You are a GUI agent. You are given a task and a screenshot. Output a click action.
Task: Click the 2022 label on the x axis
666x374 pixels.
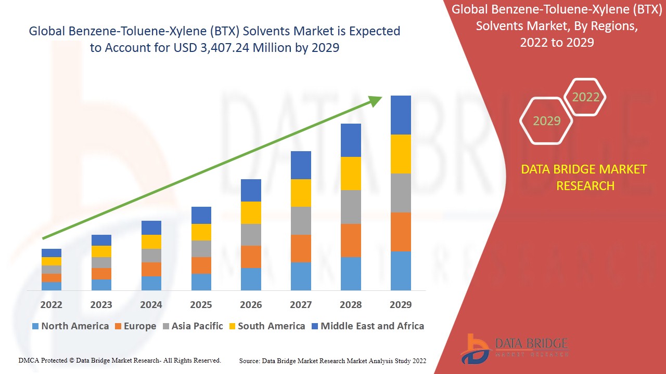click(51, 304)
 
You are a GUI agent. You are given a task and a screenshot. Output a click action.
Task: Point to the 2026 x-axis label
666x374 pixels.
click(251, 304)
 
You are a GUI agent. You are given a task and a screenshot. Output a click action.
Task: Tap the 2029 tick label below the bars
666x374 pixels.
click(401, 304)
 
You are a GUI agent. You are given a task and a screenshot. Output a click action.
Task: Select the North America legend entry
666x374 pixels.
click(70, 326)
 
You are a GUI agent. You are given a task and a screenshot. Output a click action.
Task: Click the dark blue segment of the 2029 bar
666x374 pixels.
click(401, 115)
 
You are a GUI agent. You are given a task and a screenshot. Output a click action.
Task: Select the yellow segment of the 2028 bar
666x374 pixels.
click(351, 173)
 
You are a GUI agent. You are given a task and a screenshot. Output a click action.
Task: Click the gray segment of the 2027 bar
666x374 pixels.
click(301, 221)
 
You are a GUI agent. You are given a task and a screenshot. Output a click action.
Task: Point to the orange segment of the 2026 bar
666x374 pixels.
click(251, 257)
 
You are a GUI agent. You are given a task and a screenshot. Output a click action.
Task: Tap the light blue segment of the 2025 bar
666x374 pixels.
click(201, 282)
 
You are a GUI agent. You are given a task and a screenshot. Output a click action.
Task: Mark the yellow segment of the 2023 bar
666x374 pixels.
click(101, 251)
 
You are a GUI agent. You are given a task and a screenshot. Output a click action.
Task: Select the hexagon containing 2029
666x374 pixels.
click(546, 121)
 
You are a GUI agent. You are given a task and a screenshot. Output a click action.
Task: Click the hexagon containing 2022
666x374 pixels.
click(585, 97)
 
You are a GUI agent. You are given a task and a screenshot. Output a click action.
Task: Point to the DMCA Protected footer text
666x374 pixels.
click(120, 360)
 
